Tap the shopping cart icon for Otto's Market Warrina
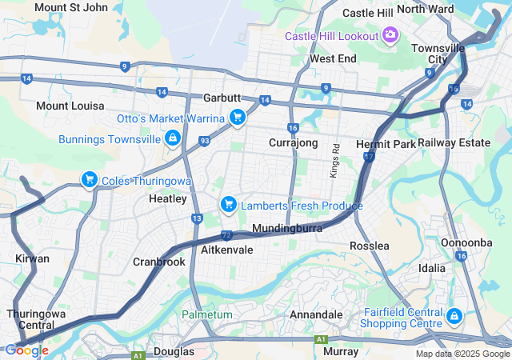click(237, 118)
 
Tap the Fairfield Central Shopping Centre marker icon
click(454, 316)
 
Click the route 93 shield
click(205, 142)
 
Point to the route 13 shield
click(197, 218)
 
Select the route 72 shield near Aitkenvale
click(227, 235)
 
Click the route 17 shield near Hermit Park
click(369, 157)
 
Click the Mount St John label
click(71, 7)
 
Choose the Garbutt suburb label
click(222, 98)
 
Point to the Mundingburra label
click(287, 229)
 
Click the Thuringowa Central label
click(31, 319)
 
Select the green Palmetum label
click(206, 314)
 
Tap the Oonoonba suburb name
click(466, 242)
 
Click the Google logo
click(26, 350)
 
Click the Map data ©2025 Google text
click(462, 354)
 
